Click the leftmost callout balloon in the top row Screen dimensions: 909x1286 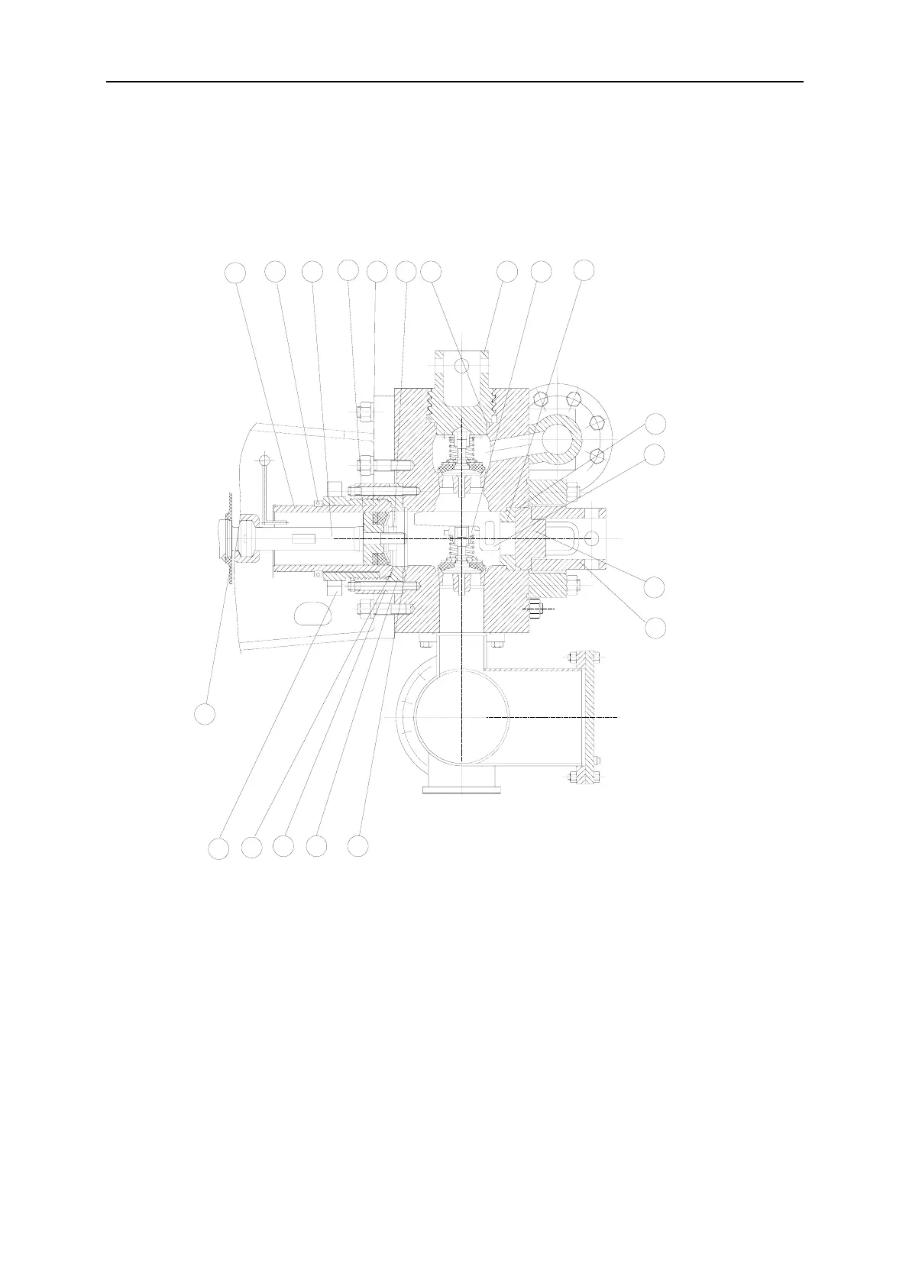pos(236,271)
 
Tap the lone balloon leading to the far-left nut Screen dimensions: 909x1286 pos(203,714)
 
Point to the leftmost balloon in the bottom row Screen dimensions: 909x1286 pos(219,848)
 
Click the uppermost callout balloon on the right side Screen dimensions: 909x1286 pos(655,423)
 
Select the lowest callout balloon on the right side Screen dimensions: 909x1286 pos(655,628)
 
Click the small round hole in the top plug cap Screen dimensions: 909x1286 pos(461,366)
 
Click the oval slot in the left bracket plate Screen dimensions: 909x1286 pos(311,612)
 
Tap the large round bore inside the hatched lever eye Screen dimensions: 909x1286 pos(562,440)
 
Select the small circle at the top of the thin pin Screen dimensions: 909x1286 pos(264,460)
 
